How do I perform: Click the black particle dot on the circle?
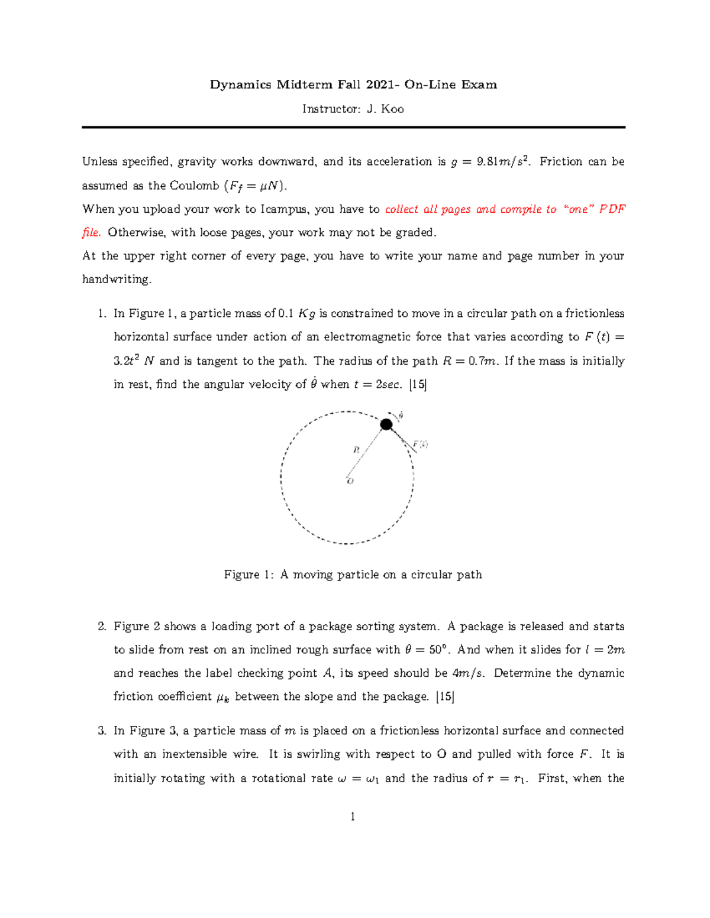click(x=386, y=424)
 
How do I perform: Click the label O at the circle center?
click(x=350, y=481)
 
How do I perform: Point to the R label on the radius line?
click(x=356, y=450)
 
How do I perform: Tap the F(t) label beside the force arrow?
click(x=420, y=444)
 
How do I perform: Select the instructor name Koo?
click(x=392, y=109)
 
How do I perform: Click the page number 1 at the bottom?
click(x=353, y=817)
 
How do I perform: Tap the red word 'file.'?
click(x=91, y=232)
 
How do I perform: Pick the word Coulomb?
click(x=194, y=186)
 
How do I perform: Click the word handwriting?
click(x=117, y=280)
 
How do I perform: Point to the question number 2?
click(x=102, y=627)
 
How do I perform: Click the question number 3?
click(x=102, y=731)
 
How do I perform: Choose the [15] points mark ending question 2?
click(x=445, y=697)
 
